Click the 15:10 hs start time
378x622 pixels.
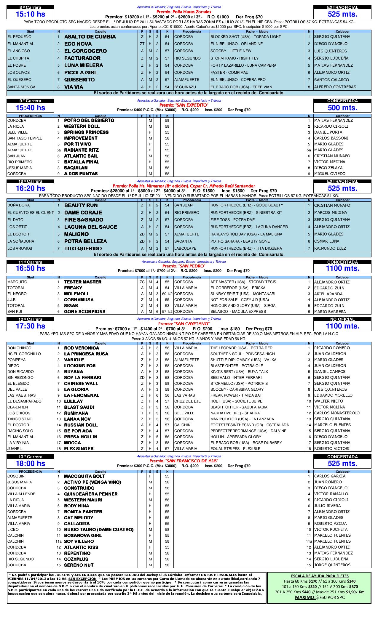tap(30, 14)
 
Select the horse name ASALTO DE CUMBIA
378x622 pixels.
tap(90, 37)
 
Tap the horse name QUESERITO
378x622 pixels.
tap(79, 80)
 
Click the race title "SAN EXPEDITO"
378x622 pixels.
tap(184, 105)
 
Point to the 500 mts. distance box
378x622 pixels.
tap(342, 108)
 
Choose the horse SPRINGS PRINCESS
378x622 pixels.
tap(86, 132)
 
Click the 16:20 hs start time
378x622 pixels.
tap(30, 188)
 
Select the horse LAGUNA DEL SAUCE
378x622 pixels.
tap(91, 227)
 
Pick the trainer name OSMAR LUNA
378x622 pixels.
tap(327, 241)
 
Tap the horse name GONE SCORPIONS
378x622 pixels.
tap(85, 312)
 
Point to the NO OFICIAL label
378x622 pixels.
tap(342, 319)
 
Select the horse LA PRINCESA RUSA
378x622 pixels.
tap(86, 354)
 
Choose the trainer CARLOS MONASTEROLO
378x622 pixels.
tap(337, 413)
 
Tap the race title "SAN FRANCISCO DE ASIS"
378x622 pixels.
tap(184, 461)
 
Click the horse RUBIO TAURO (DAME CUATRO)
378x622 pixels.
tap(99, 530)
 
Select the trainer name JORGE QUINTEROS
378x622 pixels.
tap(332, 565)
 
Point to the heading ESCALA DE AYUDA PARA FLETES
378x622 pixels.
tap(319, 576)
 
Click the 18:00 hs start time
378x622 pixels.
tap(30, 464)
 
